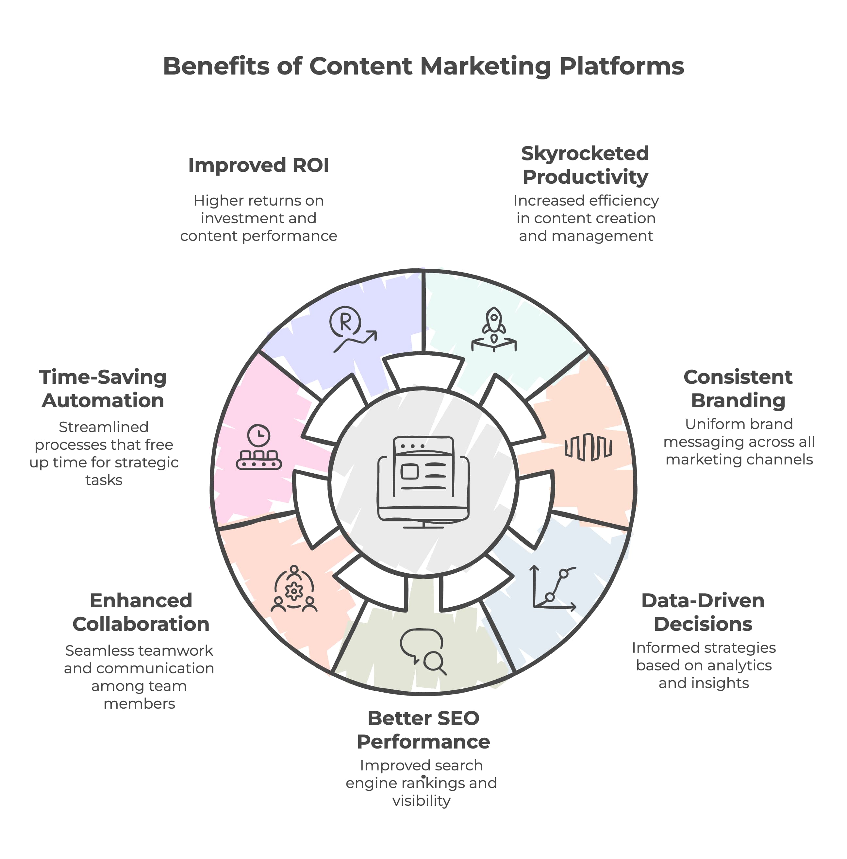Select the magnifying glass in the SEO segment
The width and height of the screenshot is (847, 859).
(x=433, y=662)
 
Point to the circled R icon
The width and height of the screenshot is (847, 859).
(x=345, y=321)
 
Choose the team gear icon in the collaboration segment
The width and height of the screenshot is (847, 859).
(x=294, y=590)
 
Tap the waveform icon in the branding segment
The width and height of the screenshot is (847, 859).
(x=588, y=446)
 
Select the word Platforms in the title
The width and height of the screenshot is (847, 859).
(x=621, y=67)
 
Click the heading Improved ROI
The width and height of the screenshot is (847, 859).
(x=258, y=165)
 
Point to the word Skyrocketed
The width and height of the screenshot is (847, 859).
(x=585, y=153)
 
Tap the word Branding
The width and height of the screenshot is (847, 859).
(x=738, y=401)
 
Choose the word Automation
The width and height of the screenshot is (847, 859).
(x=103, y=401)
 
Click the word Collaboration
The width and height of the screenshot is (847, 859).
(x=141, y=624)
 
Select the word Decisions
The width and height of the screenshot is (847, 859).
(x=703, y=624)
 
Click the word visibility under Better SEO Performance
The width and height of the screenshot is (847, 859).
(x=421, y=801)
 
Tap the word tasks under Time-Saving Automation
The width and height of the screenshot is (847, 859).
(x=104, y=480)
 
